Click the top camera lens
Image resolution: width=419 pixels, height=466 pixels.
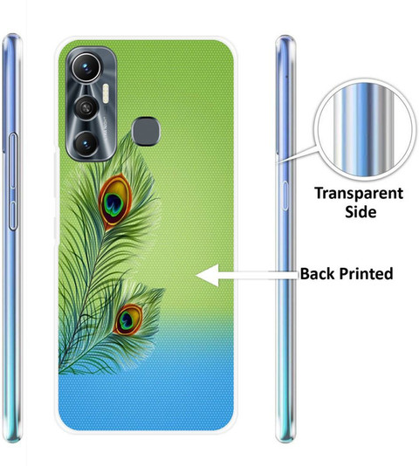pyautogui.click(x=86, y=67)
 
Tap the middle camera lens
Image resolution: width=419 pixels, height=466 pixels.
pyautogui.click(x=86, y=107)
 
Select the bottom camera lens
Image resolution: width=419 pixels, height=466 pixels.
pyautogui.click(x=86, y=144)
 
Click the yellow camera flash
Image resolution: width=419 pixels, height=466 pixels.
pyautogui.click(x=106, y=93)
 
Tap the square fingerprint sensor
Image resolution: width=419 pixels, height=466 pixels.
pyautogui.click(x=146, y=131)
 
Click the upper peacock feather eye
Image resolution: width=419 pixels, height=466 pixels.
pyautogui.click(x=115, y=202)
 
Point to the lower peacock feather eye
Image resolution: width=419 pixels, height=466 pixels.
pyautogui.click(x=127, y=319)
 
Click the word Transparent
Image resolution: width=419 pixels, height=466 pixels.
pyautogui.click(x=359, y=194)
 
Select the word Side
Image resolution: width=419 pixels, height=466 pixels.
pyautogui.click(x=361, y=211)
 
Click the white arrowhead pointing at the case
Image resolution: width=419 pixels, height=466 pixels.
pyautogui.click(x=208, y=275)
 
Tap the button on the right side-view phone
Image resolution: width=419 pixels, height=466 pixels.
pyautogui.click(x=285, y=195)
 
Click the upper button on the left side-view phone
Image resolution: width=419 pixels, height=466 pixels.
pyautogui.click(x=12, y=161)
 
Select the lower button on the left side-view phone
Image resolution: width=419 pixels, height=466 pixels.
pyautogui.click(x=12, y=216)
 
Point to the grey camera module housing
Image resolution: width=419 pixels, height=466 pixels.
pyautogui.click(x=91, y=104)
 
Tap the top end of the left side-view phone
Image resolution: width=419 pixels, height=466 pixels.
pyautogui.click(x=12, y=38)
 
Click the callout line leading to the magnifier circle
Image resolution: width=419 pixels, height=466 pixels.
pyautogui.click(x=297, y=154)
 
